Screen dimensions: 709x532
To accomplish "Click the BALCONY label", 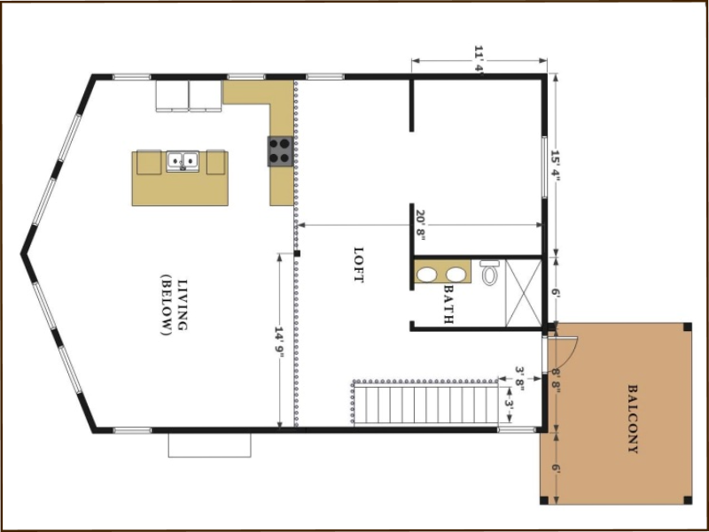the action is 633,419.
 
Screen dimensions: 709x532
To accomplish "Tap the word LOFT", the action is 359,265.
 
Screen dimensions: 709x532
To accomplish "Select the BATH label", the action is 448,304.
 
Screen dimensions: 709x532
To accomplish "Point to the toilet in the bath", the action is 489,272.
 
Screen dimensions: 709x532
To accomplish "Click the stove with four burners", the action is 280,150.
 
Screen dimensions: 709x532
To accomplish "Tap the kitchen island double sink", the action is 183,161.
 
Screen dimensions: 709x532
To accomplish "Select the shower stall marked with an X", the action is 524,293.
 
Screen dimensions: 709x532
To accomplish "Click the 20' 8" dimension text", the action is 420,225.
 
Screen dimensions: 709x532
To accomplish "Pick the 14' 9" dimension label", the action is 279,342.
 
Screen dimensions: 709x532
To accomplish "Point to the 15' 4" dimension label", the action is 556,166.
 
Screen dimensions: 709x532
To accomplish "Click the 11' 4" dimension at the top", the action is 479,58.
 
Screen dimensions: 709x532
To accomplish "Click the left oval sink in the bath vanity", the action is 426,274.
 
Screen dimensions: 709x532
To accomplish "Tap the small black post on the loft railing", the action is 297,253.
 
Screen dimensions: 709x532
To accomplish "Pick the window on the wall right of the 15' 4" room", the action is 544,167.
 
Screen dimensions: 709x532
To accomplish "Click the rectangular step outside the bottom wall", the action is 209,445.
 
